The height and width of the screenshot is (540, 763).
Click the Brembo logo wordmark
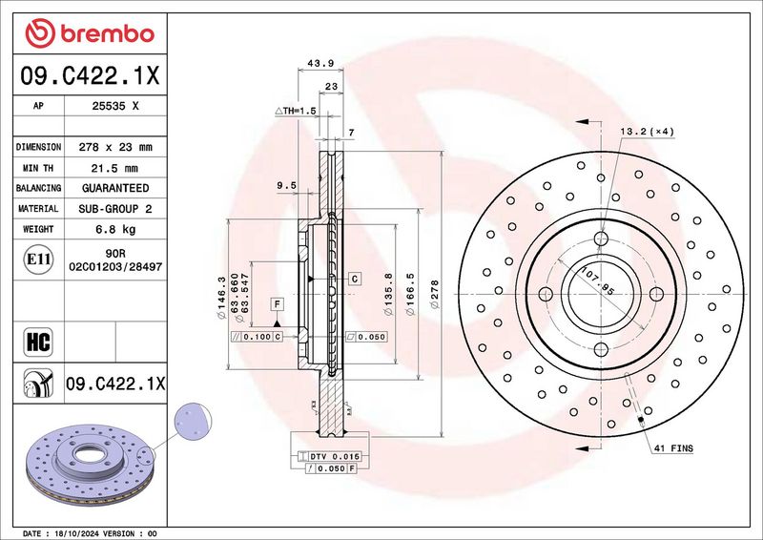[x=107, y=34]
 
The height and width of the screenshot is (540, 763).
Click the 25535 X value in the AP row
[x=115, y=106]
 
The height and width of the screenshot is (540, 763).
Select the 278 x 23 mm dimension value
[x=115, y=147]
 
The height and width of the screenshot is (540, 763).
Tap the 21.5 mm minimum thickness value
[x=114, y=169]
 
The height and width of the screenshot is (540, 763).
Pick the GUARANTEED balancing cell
[x=115, y=188]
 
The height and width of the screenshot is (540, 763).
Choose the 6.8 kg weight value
[x=115, y=229]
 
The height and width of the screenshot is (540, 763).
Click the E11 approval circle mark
[x=38, y=260]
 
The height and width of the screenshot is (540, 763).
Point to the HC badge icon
[x=38, y=342]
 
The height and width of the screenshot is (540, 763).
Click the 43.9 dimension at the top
[x=320, y=63]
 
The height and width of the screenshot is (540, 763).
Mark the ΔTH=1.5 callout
[x=296, y=111]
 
